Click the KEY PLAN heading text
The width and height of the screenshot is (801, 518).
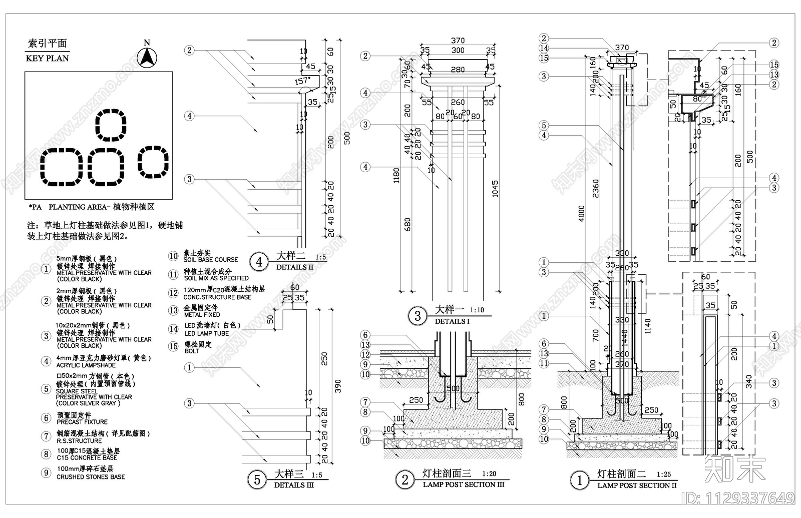[48, 58]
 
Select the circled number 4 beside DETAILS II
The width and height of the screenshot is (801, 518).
[259, 262]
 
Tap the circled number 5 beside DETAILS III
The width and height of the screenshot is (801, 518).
[257, 480]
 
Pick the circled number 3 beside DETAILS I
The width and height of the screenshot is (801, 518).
[418, 316]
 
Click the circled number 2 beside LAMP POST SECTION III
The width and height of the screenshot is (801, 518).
[405, 480]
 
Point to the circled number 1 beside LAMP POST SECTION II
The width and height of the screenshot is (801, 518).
[580, 480]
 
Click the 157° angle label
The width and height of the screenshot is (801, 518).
[302, 81]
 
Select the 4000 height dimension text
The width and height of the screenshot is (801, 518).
[581, 214]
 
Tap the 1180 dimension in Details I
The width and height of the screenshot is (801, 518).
[396, 176]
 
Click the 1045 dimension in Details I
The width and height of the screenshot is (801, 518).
[495, 189]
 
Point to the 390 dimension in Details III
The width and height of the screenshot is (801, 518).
[338, 386]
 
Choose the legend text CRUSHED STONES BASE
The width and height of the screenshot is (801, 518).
[91, 477]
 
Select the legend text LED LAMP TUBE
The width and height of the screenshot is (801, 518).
[206, 333]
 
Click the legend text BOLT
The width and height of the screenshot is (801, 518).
[191, 351]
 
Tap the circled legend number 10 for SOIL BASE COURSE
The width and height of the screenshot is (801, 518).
[173, 256]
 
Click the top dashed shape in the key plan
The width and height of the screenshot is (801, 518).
[111, 125]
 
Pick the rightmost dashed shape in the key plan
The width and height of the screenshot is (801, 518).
[153, 161]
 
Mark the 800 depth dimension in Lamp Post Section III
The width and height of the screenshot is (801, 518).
[522, 399]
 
